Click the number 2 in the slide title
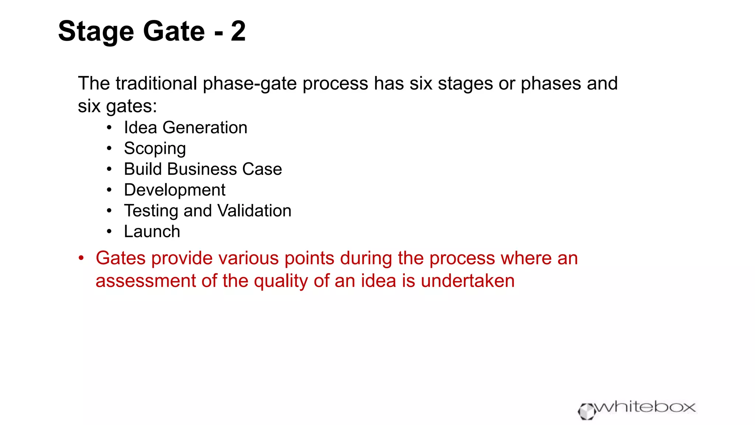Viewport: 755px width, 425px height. point(238,31)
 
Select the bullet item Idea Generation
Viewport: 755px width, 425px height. point(185,128)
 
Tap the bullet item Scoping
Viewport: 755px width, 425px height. point(155,149)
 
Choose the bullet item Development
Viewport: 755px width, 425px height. point(174,190)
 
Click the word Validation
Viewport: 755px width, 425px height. point(254,211)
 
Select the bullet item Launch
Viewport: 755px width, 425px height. point(152,232)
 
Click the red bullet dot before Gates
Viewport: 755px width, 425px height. point(81,258)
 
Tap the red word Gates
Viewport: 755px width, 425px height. point(121,258)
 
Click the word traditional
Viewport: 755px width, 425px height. point(156,83)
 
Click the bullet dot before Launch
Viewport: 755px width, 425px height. point(109,232)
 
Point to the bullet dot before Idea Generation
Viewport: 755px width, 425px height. point(109,128)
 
